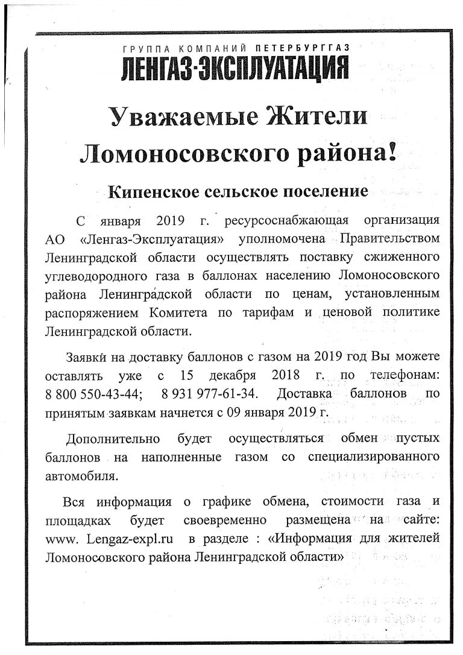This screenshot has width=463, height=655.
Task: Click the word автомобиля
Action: click(81, 475)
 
